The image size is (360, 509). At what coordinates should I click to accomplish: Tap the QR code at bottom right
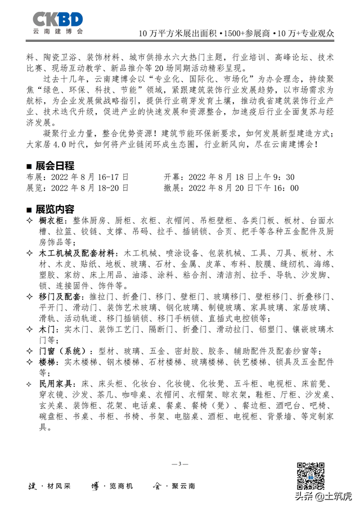(310, 476)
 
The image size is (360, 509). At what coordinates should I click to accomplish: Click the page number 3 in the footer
(180, 463)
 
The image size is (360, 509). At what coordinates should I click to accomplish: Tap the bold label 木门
(47, 328)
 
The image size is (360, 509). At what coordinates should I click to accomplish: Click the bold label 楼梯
(47, 362)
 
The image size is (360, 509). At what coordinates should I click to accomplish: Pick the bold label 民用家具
(56, 383)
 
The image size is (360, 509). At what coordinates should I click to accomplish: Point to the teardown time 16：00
(286, 188)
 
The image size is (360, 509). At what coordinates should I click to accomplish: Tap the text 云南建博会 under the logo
(57, 32)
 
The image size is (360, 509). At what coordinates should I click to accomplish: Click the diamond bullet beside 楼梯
(30, 362)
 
